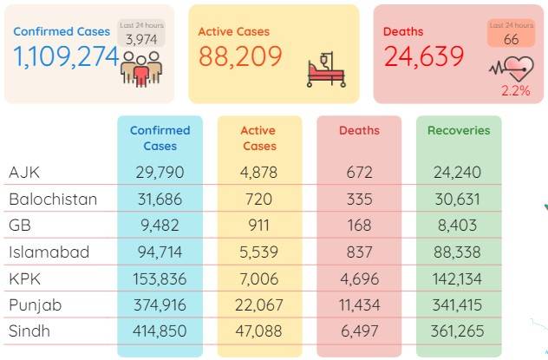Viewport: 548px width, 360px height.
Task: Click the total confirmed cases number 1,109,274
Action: pos(66,57)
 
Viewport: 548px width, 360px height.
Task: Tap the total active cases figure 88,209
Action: pos(240,56)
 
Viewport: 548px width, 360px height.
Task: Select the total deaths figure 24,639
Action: pos(424,56)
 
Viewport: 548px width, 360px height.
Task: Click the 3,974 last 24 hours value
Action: pos(141,40)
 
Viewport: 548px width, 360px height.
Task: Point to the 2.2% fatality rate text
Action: pos(516,91)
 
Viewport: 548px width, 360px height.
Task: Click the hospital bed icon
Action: pos(326,69)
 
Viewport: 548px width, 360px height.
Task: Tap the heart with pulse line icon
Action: pos(512,69)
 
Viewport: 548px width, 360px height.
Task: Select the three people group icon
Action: pos(141,69)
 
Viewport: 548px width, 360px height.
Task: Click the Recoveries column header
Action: pos(459,130)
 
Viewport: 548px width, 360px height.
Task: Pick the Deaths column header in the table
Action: pos(359,130)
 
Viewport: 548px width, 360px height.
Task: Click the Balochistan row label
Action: pos(53,200)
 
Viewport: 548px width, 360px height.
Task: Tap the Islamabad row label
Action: pos(49,252)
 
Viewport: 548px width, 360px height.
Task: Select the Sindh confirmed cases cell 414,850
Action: pos(160,331)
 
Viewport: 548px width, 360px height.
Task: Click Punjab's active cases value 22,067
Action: pos(259,305)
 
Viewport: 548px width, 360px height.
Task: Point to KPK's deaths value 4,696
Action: pos(359,279)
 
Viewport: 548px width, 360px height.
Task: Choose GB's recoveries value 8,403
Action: pos(458,226)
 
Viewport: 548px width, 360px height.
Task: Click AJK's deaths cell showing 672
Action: pos(359,173)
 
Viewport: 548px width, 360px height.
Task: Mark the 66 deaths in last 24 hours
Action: pos(511,40)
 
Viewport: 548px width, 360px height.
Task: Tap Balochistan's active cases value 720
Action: pos(259,200)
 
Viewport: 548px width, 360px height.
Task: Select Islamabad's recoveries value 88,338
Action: pos(457,252)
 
